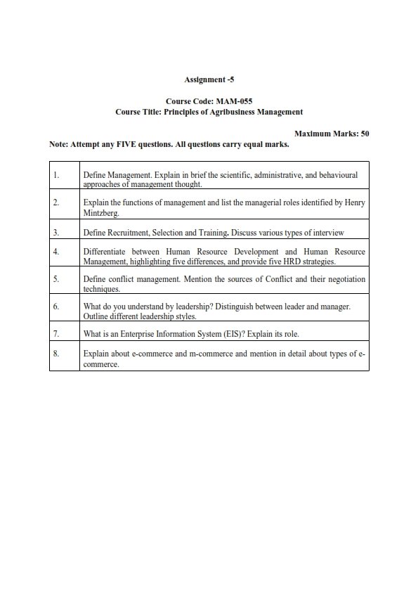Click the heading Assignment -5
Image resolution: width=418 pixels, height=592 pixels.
tap(209, 80)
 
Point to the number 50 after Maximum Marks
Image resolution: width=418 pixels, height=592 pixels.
tap(365, 133)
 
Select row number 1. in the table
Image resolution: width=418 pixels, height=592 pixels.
tap(55, 174)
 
